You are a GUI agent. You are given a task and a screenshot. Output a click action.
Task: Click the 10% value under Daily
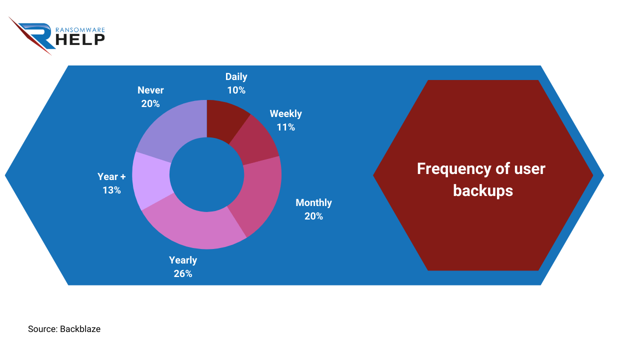tap(236, 90)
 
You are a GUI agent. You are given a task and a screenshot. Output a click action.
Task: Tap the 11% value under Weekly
tap(285, 127)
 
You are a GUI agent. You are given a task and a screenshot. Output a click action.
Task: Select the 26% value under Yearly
tap(183, 273)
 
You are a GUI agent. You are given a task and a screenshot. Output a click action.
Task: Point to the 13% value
tap(111, 190)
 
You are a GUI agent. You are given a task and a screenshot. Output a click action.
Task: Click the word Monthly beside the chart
tap(313, 202)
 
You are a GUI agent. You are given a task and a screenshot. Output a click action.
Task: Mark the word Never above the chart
tap(150, 90)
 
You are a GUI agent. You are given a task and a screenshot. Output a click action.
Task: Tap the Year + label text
tap(111, 176)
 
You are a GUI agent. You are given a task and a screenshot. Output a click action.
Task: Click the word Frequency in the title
tap(454, 169)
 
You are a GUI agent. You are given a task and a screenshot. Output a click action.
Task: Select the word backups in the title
tap(483, 190)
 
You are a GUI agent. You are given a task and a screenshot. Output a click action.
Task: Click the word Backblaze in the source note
tap(80, 329)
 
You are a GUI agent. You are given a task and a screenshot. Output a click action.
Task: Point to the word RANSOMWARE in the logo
tap(80, 30)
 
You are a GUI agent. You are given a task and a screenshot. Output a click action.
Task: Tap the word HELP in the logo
tap(80, 39)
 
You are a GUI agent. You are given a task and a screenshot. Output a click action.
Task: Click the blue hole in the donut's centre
tap(207, 174)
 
